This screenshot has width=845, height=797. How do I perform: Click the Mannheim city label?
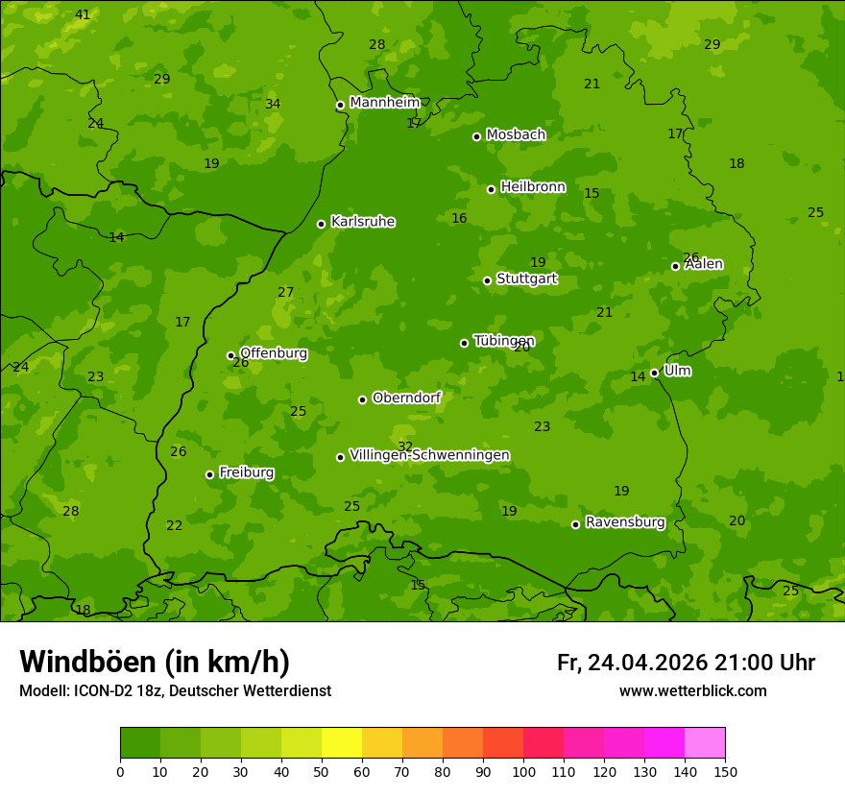(384, 103)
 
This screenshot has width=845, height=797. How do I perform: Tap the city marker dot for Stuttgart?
(487, 280)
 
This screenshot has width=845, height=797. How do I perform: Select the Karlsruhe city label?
(362, 222)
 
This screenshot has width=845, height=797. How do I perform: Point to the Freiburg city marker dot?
(209, 474)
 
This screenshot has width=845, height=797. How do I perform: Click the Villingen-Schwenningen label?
(429, 455)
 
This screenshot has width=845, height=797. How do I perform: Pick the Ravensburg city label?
(624, 522)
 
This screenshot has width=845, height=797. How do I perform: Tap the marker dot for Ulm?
(654, 373)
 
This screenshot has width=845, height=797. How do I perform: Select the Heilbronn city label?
(533, 187)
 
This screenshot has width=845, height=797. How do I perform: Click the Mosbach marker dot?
(476, 136)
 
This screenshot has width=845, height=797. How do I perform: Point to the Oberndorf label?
(406, 398)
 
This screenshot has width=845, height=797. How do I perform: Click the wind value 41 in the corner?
(83, 14)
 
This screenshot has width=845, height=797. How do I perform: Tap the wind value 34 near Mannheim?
(273, 104)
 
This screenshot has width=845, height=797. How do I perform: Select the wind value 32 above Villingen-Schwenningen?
(405, 447)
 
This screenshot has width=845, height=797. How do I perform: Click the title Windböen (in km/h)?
(154, 662)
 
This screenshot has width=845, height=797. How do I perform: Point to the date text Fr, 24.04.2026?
(632, 663)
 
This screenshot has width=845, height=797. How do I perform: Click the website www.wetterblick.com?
(692, 691)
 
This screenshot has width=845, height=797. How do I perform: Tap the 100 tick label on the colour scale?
(523, 771)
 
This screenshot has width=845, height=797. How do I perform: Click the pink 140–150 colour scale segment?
(705, 743)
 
